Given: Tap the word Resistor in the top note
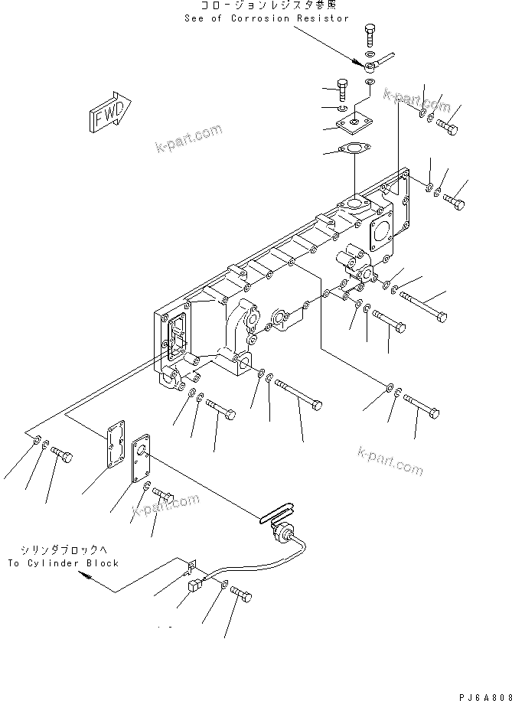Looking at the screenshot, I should [324, 18].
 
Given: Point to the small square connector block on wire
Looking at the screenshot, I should [194, 587].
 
